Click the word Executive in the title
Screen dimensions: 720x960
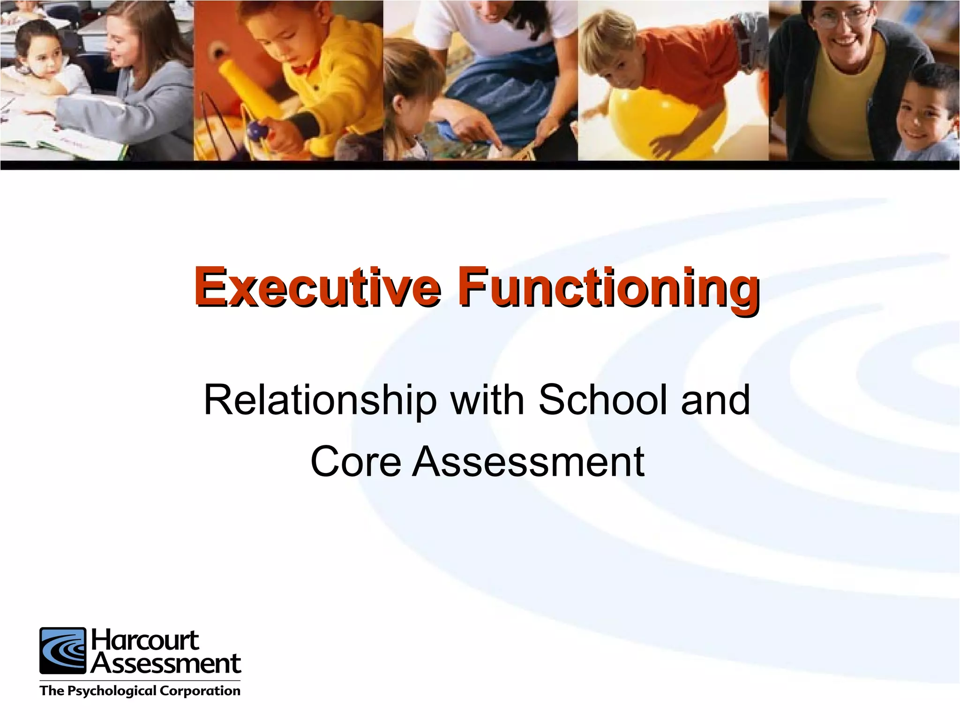(317, 287)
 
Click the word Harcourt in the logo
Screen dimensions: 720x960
(145, 641)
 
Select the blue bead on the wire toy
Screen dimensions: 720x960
(256, 130)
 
